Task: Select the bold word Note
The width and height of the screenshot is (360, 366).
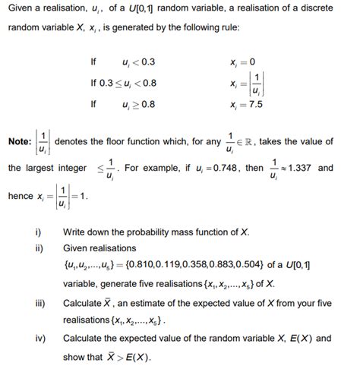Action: [19, 142]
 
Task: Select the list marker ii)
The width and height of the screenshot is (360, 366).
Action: [39, 248]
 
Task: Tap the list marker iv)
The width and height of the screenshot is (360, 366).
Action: [41, 339]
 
